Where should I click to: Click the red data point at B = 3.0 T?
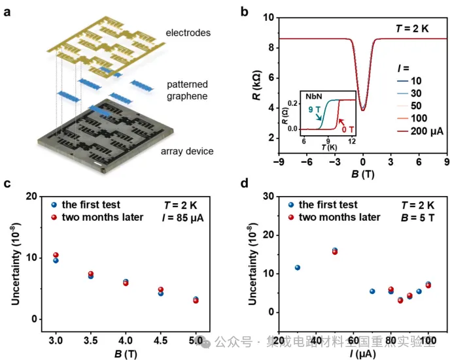[56, 255]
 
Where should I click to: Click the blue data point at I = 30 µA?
[298, 267]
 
